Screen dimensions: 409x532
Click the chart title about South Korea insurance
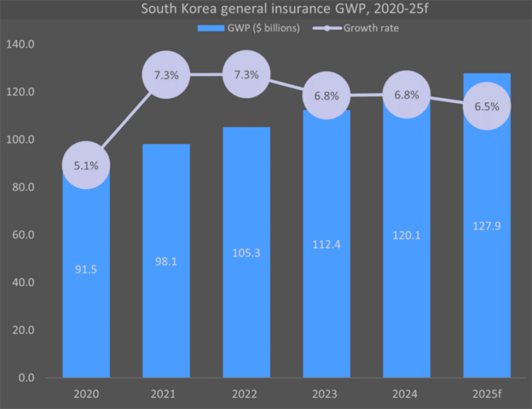pyautogui.click(x=265, y=10)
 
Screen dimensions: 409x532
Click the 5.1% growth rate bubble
pyautogui.click(x=87, y=165)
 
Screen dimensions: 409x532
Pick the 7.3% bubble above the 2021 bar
pyautogui.click(x=166, y=75)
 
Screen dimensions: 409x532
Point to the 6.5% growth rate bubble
pyautogui.click(x=487, y=107)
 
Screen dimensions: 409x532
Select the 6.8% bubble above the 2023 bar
pyautogui.click(x=326, y=96)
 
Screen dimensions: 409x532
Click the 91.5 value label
pyautogui.click(x=87, y=269)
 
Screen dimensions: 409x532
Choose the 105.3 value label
pyautogui.click(x=247, y=253)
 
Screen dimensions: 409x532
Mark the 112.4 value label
pyautogui.click(x=326, y=244)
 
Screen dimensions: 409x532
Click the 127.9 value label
pyautogui.click(x=487, y=226)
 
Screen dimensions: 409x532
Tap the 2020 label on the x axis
pyautogui.click(x=87, y=394)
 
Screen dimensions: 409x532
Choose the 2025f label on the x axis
pyautogui.click(x=487, y=394)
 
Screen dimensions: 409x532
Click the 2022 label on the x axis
pyautogui.click(x=247, y=394)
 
